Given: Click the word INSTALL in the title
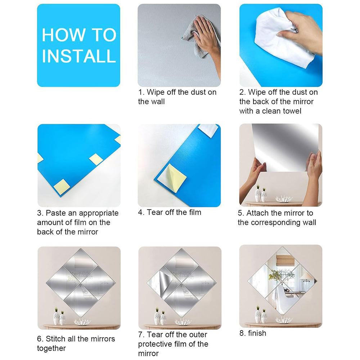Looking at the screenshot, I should click(x=79, y=57).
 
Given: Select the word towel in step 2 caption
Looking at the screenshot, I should click(x=291, y=111).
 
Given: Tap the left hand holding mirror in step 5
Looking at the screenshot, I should click(x=256, y=169).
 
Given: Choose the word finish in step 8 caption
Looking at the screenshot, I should click(x=257, y=333).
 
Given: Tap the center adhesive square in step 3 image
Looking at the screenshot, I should click(x=95, y=159).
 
